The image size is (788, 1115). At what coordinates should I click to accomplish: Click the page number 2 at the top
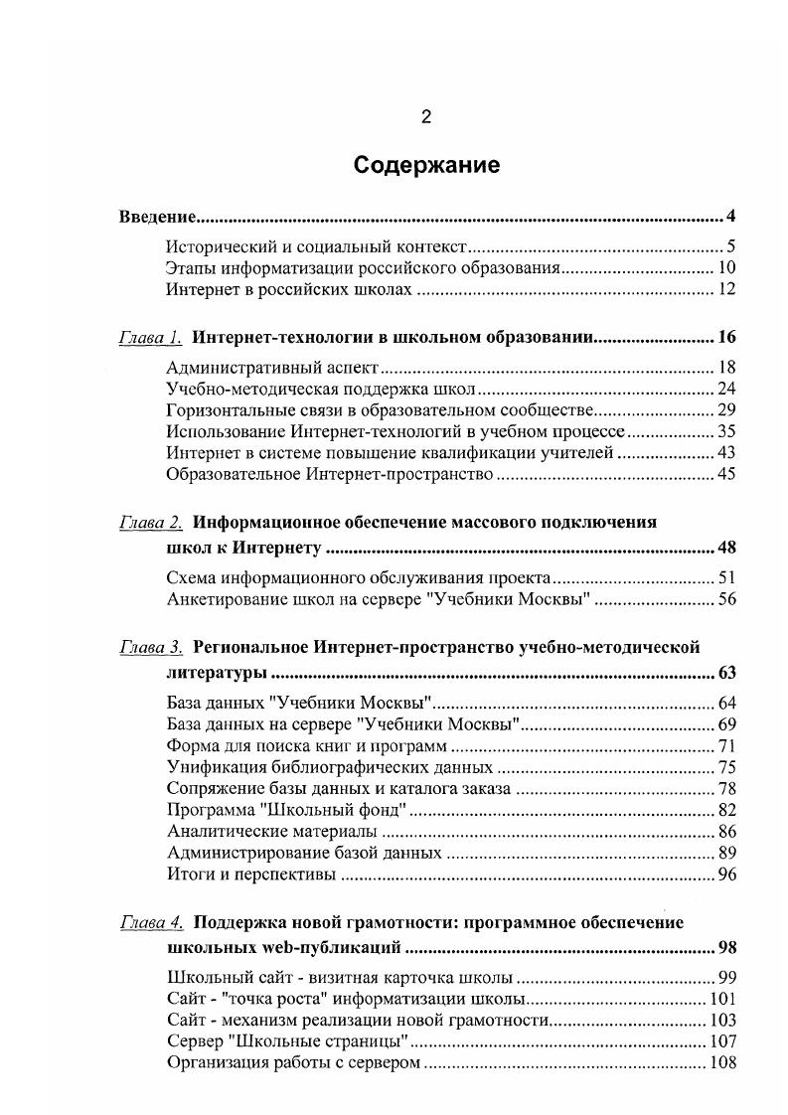coord(425,118)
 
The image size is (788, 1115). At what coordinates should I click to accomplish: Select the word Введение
coord(155,217)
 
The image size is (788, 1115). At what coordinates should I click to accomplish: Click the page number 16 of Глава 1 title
coord(725,337)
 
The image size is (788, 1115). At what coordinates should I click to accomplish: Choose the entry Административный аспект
coord(274,367)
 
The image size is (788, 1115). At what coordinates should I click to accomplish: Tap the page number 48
coord(725,548)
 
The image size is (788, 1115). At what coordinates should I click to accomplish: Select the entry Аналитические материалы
coord(271,831)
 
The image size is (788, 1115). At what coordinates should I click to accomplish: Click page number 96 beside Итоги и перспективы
coord(724,876)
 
